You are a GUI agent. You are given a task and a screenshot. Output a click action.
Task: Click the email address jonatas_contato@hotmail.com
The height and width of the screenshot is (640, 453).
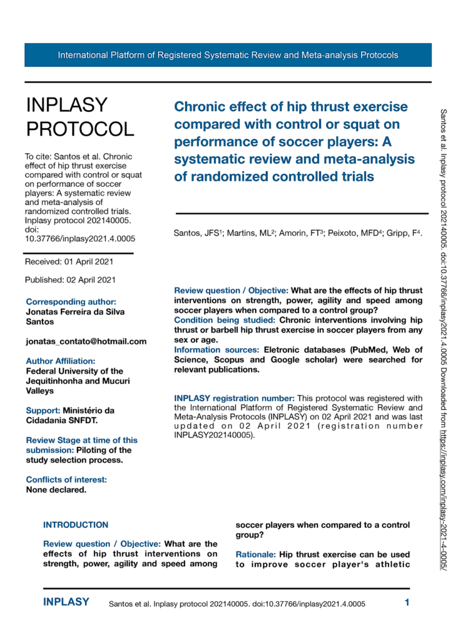click(86, 341)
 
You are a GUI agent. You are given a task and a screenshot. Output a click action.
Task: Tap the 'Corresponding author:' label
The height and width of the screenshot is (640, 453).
click(71, 302)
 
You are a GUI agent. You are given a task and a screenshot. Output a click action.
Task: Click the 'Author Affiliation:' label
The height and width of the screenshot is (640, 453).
click(61, 361)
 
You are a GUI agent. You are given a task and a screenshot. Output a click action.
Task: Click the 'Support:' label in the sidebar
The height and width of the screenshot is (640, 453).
click(43, 411)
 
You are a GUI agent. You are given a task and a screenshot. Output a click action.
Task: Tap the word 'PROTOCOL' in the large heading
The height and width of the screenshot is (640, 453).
click(79, 129)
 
